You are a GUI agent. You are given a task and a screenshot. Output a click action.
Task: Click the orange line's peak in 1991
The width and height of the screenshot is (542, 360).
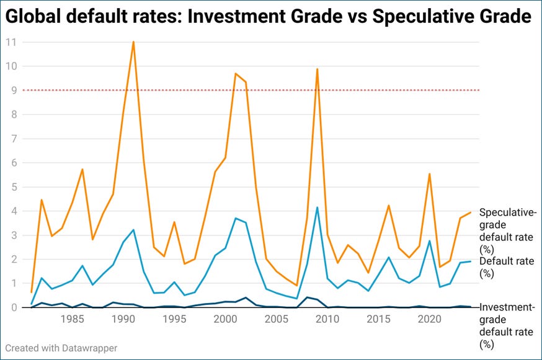click(133, 42)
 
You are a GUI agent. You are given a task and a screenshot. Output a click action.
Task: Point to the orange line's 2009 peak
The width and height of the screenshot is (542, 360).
click(317, 69)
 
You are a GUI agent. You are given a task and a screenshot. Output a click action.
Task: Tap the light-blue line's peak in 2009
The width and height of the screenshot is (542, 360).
click(317, 208)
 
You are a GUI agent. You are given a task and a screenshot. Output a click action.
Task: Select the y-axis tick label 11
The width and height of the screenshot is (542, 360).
click(11, 42)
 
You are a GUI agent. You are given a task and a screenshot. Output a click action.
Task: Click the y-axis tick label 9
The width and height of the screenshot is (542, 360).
click(11, 90)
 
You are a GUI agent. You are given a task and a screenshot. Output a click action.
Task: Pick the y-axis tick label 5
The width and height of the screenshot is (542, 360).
click(11, 187)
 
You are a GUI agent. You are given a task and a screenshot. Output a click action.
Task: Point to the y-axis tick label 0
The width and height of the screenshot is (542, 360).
click(11, 307)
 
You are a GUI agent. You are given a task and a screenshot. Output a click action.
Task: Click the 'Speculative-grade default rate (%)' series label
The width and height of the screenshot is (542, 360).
click(507, 230)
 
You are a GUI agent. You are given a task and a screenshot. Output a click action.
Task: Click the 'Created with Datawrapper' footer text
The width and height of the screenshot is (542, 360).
click(61, 348)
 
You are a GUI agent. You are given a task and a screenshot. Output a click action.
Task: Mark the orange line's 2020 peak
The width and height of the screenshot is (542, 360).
click(429, 174)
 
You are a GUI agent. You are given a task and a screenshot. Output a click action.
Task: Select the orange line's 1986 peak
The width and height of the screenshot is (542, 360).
click(82, 169)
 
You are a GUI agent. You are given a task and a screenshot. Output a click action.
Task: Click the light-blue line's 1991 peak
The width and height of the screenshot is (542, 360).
click(133, 230)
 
